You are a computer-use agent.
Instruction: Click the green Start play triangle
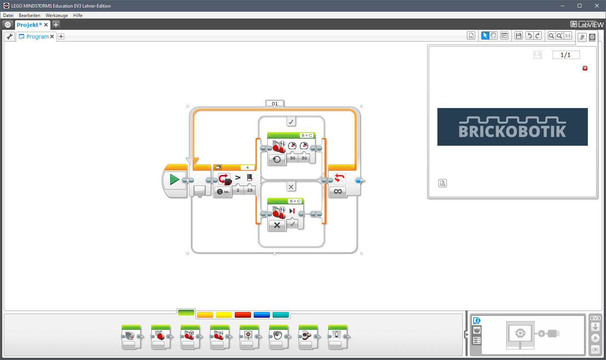coord(174,179)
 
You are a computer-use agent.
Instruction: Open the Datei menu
coord(8,15)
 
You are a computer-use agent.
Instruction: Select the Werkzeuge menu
coord(57,15)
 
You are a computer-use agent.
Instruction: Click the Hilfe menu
coord(77,15)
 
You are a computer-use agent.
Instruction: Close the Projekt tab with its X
coord(46,25)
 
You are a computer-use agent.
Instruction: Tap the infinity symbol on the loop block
coord(338,192)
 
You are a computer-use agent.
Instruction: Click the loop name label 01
coord(274,104)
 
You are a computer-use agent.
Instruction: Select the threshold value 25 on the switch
coord(250,190)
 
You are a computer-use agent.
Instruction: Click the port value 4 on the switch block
coord(247,168)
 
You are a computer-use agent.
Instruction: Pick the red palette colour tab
coord(243,315)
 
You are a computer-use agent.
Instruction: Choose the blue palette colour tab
coord(262,315)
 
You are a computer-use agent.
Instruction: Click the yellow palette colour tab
coord(224,315)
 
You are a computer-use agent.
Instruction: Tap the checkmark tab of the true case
coord(291,122)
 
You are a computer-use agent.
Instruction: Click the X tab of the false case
coord(291,187)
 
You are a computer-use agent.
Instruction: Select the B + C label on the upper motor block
coord(307,135)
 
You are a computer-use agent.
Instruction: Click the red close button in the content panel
coord(585,68)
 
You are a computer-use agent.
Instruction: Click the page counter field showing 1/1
coord(566,55)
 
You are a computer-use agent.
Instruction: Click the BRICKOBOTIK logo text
coord(512,131)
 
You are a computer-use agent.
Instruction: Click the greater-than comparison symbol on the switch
coord(238,178)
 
